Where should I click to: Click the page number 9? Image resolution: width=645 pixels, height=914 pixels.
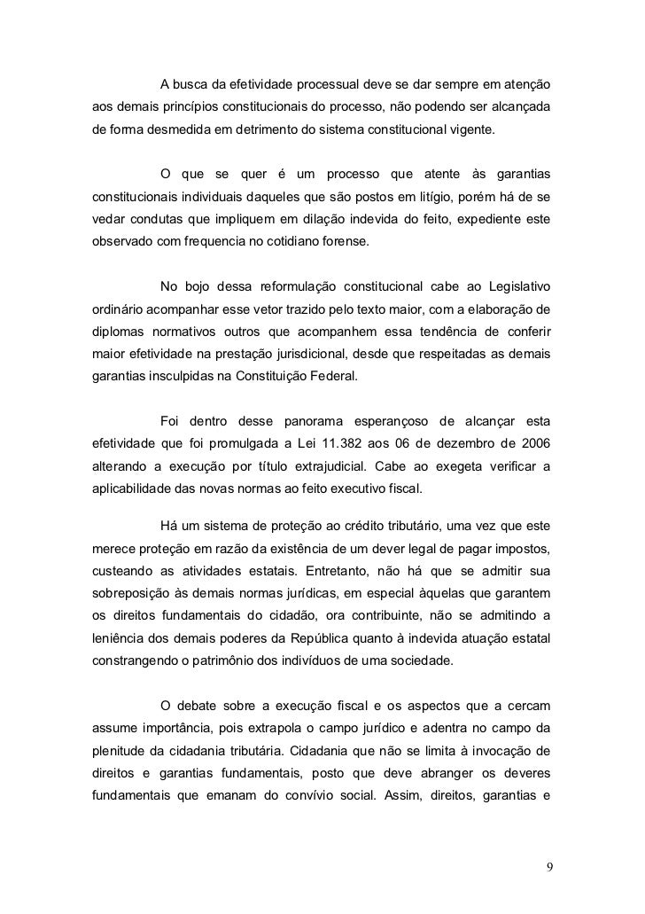click(548, 866)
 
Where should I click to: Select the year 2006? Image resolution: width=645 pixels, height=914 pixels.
click(534, 441)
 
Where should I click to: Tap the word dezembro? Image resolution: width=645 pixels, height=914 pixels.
click(465, 441)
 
